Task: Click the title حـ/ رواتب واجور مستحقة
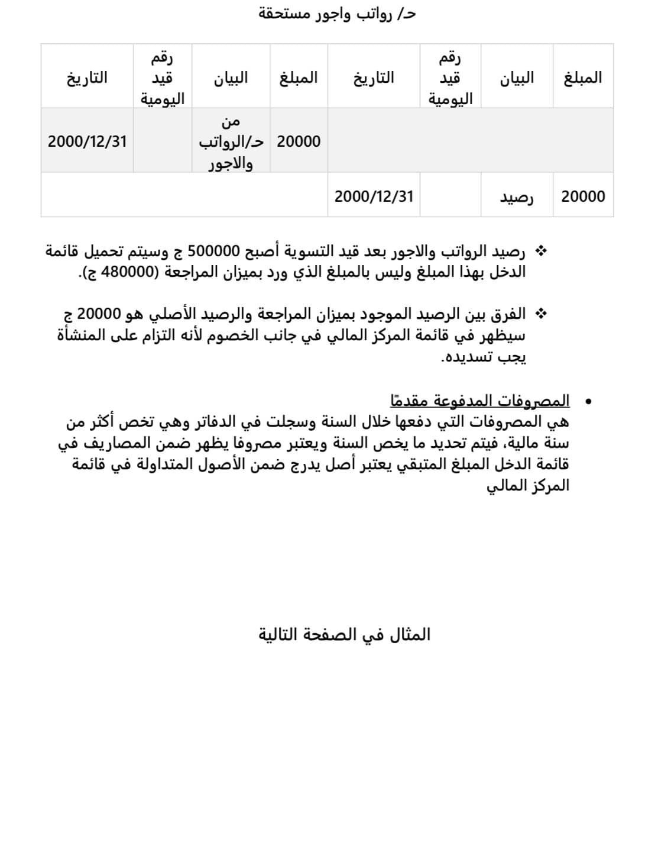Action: point(338,14)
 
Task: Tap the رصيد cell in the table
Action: point(517,196)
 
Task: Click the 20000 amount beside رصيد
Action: point(583,196)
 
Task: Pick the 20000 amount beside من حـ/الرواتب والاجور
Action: point(299,142)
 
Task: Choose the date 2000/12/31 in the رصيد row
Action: point(374,196)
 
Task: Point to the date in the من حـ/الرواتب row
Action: point(87,142)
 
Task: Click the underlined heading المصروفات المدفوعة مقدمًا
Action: point(479,401)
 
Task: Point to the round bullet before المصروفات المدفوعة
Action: point(588,402)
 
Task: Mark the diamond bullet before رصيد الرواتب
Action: point(540,251)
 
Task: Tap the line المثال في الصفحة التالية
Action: point(345,635)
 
